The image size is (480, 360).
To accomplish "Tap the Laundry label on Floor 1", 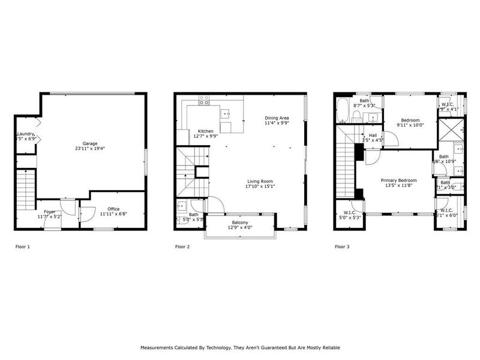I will pos(25,134).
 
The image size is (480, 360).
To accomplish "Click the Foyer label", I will pos(49,211).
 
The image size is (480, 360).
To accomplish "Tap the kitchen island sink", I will pos(226,112).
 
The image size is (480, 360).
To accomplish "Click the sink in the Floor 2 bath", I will pos(181,206).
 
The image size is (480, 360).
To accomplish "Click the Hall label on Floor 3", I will pos(373,136).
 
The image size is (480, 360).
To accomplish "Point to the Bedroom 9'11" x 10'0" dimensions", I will pos(410,125).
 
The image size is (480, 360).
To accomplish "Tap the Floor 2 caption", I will pos(182,247).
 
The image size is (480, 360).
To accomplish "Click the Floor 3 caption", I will pos(343,247).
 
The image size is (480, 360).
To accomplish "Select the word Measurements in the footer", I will pos(158,347).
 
